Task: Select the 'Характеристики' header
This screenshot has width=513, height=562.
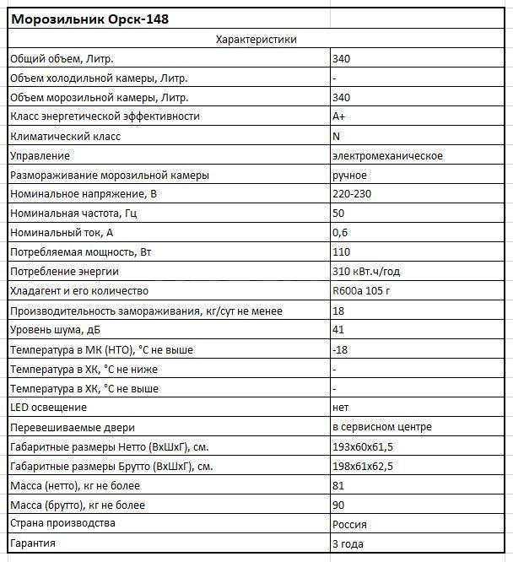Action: tap(256, 40)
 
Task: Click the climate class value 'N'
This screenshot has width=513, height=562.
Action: tap(337, 136)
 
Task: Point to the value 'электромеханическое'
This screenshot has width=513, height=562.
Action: tap(387, 155)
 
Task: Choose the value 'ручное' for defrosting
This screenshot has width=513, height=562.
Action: tap(350, 175)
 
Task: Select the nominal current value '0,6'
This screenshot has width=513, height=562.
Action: tap(341, 232)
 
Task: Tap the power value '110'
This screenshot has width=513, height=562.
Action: tap(342, 251)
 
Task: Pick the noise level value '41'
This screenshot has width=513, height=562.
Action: tap(339, 330)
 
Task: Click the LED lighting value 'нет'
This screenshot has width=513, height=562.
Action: tap(342, 408)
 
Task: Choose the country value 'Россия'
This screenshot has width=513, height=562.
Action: tap(350, 524)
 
